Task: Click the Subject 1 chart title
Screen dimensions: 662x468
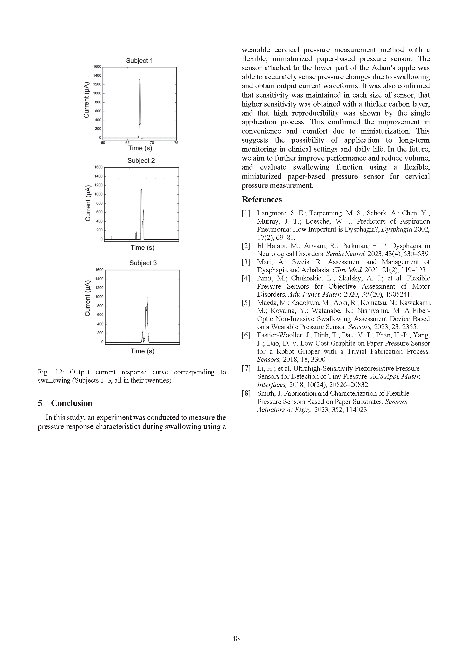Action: pyautogui.click(x=139, y=60)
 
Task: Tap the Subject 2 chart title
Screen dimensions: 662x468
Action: pyautogui.click(x=141, y=161)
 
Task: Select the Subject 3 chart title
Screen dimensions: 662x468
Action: pyautogui.click(x=143, y=263)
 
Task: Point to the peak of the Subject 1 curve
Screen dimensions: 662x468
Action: pyautogui.click(x=140, y=79)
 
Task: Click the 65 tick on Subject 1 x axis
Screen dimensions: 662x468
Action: pyautogui.click(x=127, y=143)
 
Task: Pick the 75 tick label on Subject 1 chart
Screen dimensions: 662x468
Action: pyautogui.click(x=176, y=143)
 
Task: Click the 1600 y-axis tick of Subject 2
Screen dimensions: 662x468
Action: pyautogui.click(x=99, y=167)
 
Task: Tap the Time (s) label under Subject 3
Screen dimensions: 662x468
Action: pyautogui.click(x=143, y=351)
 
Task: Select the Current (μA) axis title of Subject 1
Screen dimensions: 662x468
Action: pyautogui.click(x=86, y=100)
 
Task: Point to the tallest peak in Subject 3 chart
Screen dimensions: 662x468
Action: pyautogui.click(x=147, y=298)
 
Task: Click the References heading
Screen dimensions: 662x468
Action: pyautogui.click(x=262, y=199)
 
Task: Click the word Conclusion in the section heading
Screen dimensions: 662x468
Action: pyautogui.click(x=72, y=403)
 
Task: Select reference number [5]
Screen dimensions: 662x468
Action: pyautogui.click(x=246, y=303)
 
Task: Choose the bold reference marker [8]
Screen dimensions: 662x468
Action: pyautogui.click(x=246, y=394)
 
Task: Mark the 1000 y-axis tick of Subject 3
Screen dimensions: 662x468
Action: pyautogui.click(x=99, y=297)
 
